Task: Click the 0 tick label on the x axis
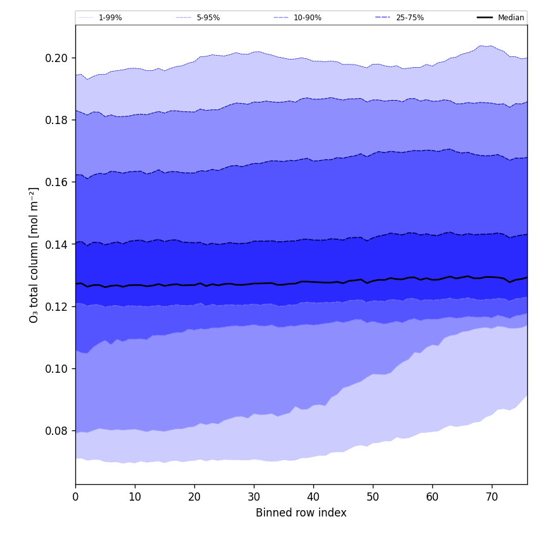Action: [75, 497]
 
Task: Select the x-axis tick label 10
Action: [135, 497]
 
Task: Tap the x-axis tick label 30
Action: [254, 497]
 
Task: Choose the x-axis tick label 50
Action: [373, 497]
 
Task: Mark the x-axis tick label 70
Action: [492, 497]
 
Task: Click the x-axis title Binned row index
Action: [301, 513]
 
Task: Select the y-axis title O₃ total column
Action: [34, 254]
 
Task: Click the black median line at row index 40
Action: [313, 282]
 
